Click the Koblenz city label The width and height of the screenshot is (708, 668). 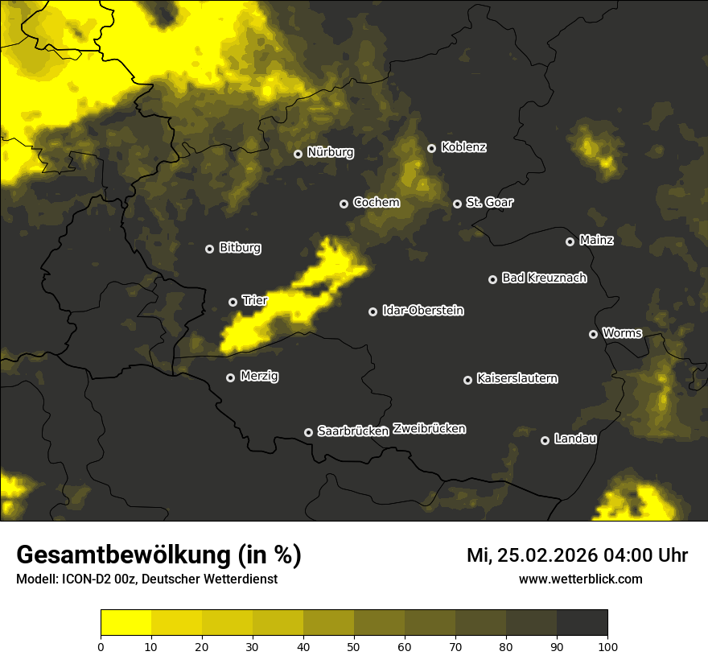coord(463,147)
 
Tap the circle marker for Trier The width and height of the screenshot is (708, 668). coord(233,302)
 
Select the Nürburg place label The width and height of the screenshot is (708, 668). coord(330,152)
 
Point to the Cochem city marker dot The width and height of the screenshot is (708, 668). coord(344,204)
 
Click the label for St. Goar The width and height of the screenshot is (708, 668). coord(489,203)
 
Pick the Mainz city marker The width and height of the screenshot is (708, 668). coord(570,241)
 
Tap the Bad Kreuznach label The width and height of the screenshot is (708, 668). coord(544,278)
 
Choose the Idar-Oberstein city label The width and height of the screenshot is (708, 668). coord(422,311)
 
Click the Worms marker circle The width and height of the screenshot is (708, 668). coord(593,334)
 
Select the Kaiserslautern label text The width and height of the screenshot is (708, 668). coord(517,378)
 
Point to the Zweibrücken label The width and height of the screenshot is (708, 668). coord(429,429)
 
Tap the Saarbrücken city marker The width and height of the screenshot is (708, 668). coord(308,432)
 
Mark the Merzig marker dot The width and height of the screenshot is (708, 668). coord(230,377)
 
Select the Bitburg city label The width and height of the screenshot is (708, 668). coord(240,248)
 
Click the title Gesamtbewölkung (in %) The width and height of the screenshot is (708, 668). coord(158,555)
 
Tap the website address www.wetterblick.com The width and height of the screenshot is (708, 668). coord(581,579)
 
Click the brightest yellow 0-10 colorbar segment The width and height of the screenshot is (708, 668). coord(126,623)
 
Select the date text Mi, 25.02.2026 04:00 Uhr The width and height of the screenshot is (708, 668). coord(577,555)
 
